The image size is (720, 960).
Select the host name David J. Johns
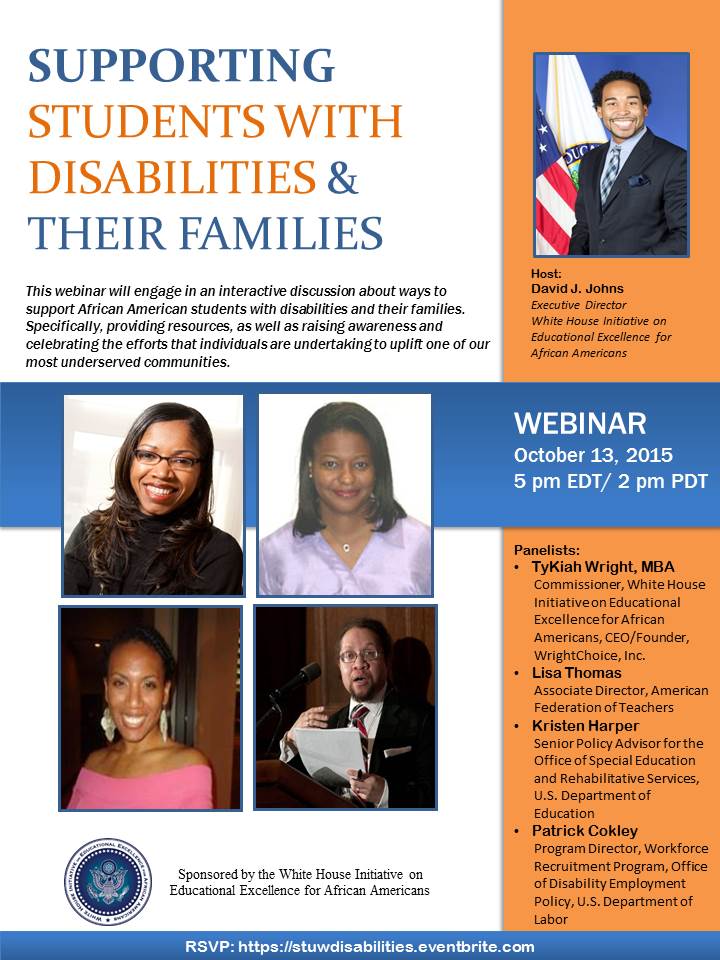tap(577, 288)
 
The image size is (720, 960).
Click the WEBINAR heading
tap(580, 423)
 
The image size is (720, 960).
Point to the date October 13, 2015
tap(593, 455)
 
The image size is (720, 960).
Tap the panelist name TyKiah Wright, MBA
tap(603, 567)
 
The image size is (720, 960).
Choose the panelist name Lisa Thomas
tap(576, 673)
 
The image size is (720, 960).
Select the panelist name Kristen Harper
tap(585, 726)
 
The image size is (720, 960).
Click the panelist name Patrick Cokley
tap(584, 831)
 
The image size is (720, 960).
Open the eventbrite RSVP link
tap(386, 947)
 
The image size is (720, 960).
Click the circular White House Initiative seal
tap(108, 882)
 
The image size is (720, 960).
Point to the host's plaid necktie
tap(610, 174)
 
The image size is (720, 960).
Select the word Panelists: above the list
tap(547, 550)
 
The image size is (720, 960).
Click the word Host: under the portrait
tap(546, 274)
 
